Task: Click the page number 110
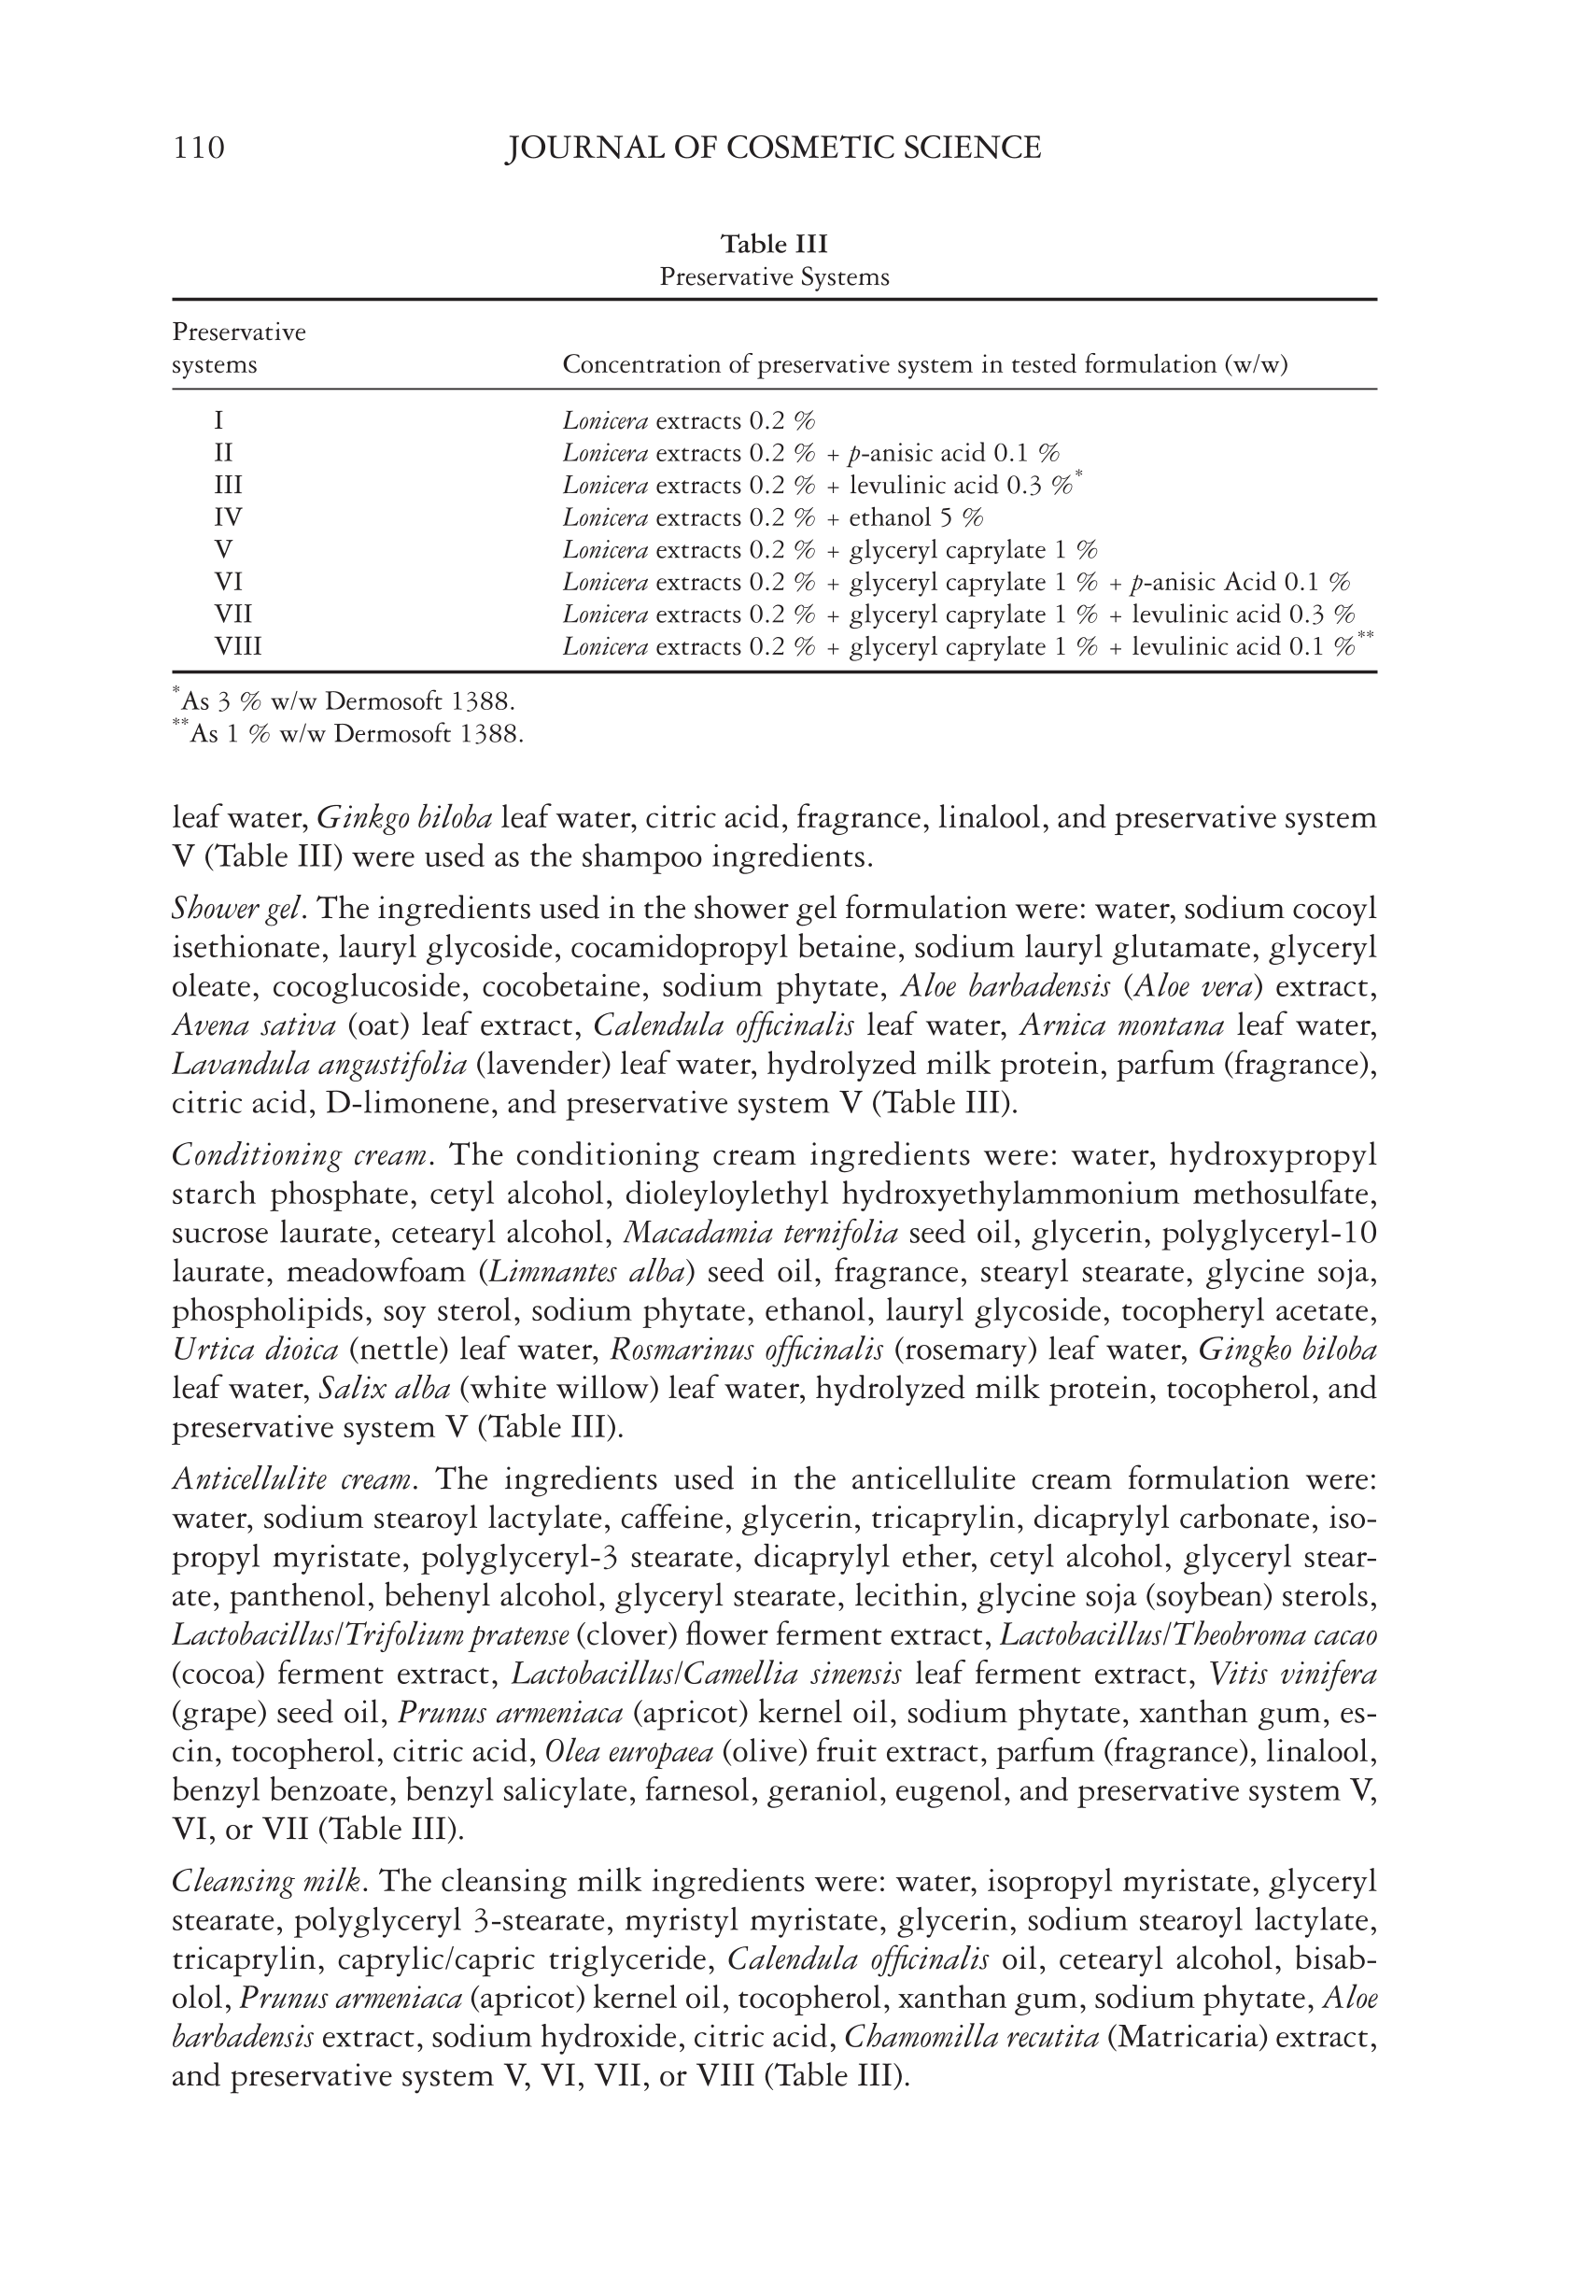pos(198,148)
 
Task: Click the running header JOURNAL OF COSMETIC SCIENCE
pos(773,148)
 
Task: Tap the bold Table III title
pos(774,244)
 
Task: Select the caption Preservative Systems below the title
pos(774,277)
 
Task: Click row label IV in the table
pos(228,517)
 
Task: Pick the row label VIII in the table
pos(238,646)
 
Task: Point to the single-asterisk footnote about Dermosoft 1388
pos(345,701)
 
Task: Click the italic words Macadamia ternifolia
pos(761,1234)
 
